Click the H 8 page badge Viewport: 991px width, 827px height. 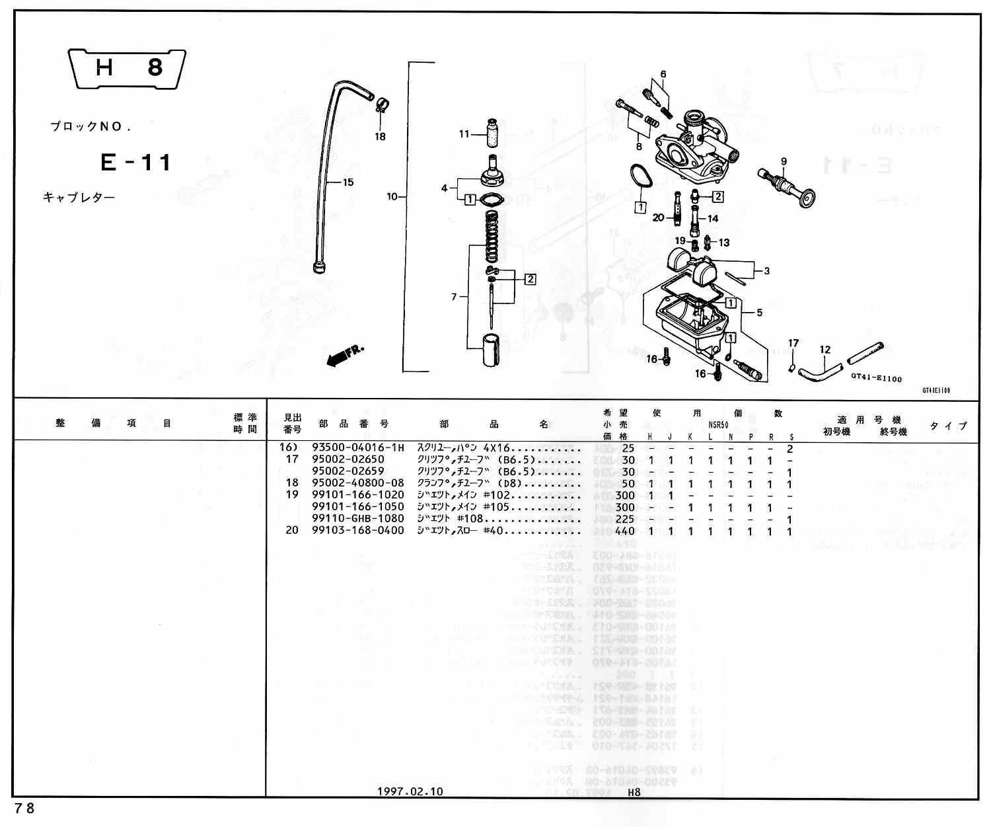[128, 67]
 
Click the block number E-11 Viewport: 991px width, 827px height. [135, 163]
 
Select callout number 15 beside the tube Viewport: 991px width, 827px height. [348, 182]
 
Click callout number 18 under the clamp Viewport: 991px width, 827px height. [380, 137]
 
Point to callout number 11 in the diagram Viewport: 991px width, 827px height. [464, 134]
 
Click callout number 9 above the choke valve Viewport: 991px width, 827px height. [784, 161]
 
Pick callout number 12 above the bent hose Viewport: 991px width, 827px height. [825, 350]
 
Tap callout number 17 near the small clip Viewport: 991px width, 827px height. [793, 343]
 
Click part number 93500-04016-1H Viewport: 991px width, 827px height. [357, 448]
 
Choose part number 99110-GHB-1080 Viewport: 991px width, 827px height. [357, 519]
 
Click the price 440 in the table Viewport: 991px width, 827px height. [624, 531]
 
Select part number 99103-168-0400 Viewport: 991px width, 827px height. [357, 531]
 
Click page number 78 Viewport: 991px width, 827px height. [24, 808]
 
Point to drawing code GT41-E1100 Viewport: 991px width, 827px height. [876, 379]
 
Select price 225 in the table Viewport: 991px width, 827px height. [624, 519]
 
